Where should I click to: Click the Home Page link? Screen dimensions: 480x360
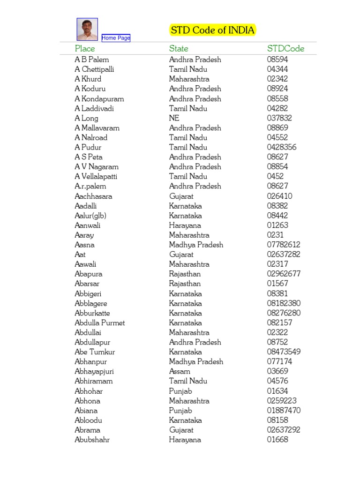point(116,38)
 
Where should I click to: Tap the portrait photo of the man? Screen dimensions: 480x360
point(87,29)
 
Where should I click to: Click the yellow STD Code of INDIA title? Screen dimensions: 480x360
point(212,30)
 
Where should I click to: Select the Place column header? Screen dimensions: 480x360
point(85,49)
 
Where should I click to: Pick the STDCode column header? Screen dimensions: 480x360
point(285,49)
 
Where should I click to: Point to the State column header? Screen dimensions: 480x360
point(179,49)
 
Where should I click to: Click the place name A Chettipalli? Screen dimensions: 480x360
point(94,69)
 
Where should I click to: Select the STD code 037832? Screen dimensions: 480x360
point(279,118)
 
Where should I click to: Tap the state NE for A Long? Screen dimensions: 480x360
point(174,118)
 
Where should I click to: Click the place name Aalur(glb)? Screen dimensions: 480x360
point(90,216)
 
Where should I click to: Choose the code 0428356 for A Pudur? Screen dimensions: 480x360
point(282,147)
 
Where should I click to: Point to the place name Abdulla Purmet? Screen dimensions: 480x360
point(100,323)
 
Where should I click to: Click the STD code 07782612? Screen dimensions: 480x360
point(284,245)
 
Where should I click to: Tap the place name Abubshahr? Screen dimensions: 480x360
point(92,440)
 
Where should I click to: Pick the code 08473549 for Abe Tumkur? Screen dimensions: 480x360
point(284,352)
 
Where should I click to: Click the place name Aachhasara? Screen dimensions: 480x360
point(93,196)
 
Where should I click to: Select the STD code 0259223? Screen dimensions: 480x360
point(282,401)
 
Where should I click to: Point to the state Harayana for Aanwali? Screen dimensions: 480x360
point(185,225)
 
